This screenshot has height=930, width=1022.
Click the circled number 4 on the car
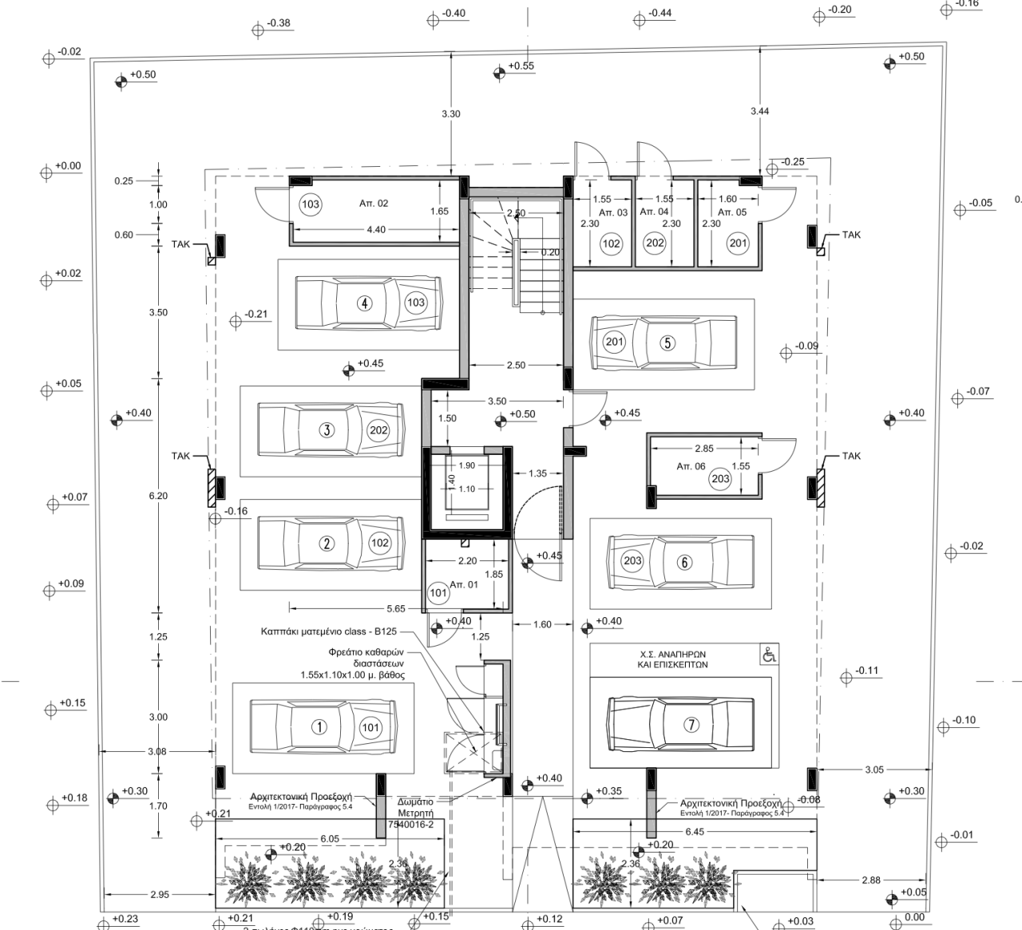click(364, 303)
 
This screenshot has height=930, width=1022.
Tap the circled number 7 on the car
click(691, 724)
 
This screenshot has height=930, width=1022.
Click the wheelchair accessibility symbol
click(770, 655)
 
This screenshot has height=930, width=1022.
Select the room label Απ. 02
click(374, 204)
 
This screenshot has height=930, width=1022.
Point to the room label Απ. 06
click(691, 465)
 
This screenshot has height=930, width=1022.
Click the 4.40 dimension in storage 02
click(375, 230)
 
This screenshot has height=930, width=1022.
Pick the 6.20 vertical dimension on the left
click(158, 496)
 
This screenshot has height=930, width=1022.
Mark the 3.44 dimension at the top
click(759, 112)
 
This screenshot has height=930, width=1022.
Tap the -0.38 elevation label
click(279, 23)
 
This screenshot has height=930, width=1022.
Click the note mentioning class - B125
click(328, 631)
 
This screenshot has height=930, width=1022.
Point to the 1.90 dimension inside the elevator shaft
click(467, 465)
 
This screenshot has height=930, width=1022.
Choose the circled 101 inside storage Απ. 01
click(438, 593)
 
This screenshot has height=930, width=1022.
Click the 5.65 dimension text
click(396, 608)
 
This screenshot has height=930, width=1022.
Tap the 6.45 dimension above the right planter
click(695, 832)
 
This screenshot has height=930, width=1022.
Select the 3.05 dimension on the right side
click(874, 770)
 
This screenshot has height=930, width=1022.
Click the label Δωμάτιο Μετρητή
click(415, 807)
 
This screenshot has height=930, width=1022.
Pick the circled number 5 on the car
click(667, 343)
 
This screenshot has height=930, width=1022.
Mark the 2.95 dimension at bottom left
click(159, 895)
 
